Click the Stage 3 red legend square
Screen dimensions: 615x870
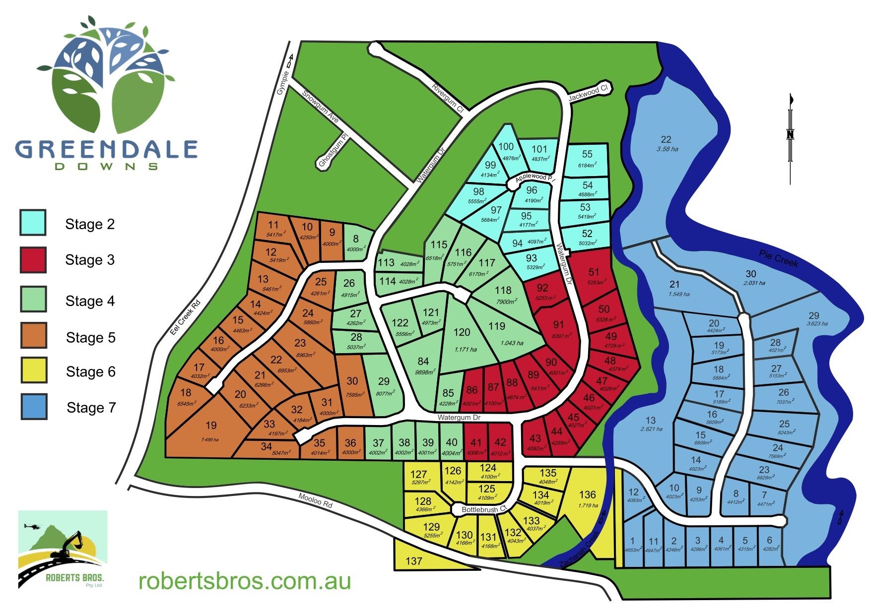click(x=33, y=260)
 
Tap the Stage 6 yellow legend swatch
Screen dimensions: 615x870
click(x=34, y=370)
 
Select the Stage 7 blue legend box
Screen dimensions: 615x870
click(x=34, y=407)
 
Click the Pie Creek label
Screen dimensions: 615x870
click(x=779, y=258)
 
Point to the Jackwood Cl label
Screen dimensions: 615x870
click(x=588, y=93)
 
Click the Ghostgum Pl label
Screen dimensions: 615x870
click(x=332, y=151)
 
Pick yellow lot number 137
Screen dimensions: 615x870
click(x=414, y=561)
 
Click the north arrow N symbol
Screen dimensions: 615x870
click(x=791, y=134)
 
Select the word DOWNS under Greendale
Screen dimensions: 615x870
click(x=106, y=167)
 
